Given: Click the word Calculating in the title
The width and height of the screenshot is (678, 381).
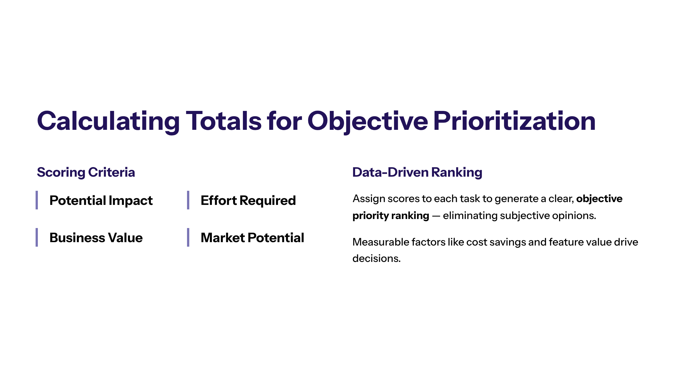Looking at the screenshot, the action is tap(108, 121).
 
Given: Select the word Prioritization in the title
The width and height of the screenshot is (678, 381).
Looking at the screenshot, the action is tap(514, 121).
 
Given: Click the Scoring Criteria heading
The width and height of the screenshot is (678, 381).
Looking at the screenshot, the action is tap(86, 172).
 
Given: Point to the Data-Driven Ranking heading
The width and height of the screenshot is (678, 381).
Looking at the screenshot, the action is tap(417, 172).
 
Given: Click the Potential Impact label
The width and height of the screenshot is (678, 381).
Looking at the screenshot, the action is tap(101, 200).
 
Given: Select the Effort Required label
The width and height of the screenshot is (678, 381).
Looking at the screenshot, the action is tap(248, 200).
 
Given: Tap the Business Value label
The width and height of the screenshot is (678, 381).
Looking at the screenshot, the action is tap(96, 238).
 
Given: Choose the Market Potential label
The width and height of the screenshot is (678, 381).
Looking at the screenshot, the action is tap(253, 238).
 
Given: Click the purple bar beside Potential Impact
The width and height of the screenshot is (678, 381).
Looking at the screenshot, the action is tap(37, 200).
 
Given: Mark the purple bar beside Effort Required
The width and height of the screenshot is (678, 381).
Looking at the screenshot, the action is tap(188, 200).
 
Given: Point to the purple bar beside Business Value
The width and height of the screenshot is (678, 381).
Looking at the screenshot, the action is tap(37, 237).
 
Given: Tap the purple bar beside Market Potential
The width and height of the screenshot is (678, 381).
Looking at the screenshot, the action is tap(188, 237).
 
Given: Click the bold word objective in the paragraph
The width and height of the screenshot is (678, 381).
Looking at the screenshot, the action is tap(599, 199).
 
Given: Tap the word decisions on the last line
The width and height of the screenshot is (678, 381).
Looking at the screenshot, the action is tap(377, 259).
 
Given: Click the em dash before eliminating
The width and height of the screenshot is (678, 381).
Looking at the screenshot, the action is tap(436, 216).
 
